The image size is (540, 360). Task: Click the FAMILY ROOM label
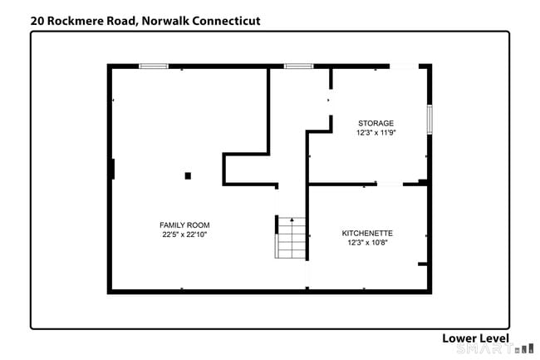pyautogui.click(x=184, y=225)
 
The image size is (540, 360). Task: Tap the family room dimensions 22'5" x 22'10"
pyautogui.click(x=184, y=234)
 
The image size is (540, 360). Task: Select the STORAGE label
pyautogui.click(x=376, y=123)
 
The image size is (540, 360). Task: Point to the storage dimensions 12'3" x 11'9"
pyautogui.click(x=376, y=133)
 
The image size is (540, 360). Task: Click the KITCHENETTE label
pyautogui.click(x=367, y=234)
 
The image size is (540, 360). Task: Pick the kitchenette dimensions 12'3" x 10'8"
pyautogui.click(x=367, y=243)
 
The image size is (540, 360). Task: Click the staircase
pyautogui.click(x=291, y=238)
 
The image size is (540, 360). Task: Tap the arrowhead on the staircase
pyautogui.click(x=292, y=219)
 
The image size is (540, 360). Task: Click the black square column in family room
pyautogui.click(x=188, y=175)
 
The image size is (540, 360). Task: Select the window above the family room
pyautogui.click(x=154, y=67)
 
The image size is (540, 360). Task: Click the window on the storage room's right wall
pyautogui.click(x=430, y=119)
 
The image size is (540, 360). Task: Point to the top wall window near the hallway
pyautogui.click(x=298, y=67)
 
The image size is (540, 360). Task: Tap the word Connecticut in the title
pyautogui.click(x=226, y=21)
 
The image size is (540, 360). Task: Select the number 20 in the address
pyautogui.click(x=37, y=21)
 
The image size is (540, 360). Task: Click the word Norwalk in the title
pyautogui.click(x=165, y=21)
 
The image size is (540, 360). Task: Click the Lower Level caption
pyautogui.click(x=475, y=338)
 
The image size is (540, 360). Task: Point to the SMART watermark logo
pyautogui.click(x=495, y=348)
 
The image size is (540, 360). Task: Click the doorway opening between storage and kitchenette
pyautogui.click(x=390, y=185)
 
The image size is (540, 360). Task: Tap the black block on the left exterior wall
pyautogui.click(x=113, y=169)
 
